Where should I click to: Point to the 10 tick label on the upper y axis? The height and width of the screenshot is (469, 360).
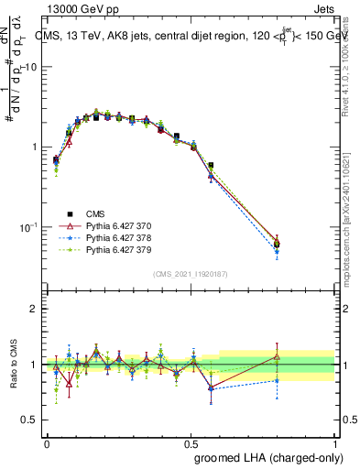(x=31, y=68)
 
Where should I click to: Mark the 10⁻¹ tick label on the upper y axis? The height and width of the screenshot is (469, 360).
(x=29, y=226)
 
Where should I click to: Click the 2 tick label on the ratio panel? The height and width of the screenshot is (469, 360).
(x=35, y=309)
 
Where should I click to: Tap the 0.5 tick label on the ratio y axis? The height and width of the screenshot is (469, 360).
(x=30, y=420)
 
